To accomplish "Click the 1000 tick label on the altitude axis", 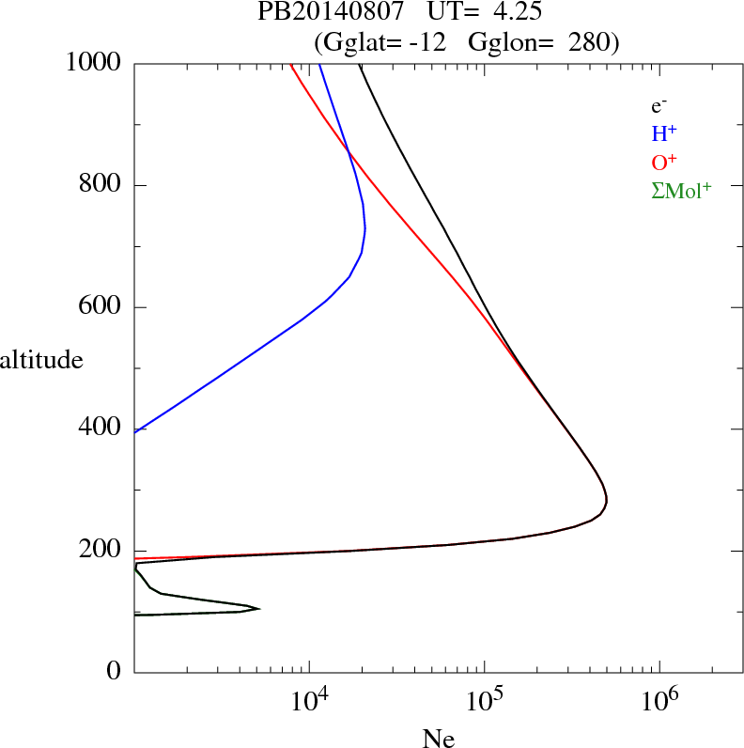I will tap(95, 63).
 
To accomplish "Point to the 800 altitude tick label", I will tap(101, 185).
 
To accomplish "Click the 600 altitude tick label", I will tap(101, 307).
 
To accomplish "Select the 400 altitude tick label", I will tap(101, 429).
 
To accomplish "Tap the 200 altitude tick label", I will tap(101, 551).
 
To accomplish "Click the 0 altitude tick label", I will tap(115, 672).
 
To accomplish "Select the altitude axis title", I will tap(41, 360).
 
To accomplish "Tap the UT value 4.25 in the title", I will tap(513, 13).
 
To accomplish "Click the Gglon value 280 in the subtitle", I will tap(588, 41).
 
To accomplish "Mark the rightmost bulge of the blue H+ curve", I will tap(364, 227).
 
